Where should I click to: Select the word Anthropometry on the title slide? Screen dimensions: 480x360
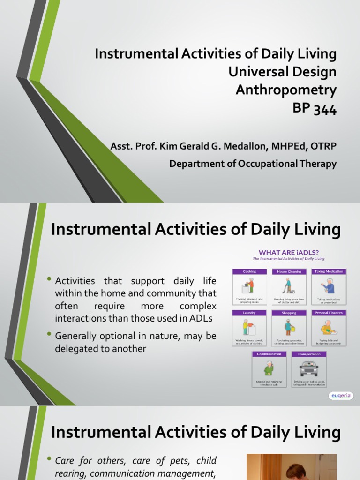pyautogui.click(x=286, y=90)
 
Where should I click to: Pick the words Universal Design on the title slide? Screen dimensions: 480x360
pyautogui.click(x=282, y=72)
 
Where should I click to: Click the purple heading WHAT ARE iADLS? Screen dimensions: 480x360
pyautogui.click(x=288, y=252)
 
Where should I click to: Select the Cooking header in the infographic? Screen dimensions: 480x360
pyautogui.click(x=249, y=271)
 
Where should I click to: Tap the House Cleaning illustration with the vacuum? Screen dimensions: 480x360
pyautogui.click(x=289, y=285)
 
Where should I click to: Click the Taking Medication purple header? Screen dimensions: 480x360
pyautogui.click(x=329, y=271)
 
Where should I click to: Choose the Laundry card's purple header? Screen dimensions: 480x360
pyautogui.click(x=249, y=313)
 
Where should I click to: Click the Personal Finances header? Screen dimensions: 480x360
pyautogui.click(x=329, y=313)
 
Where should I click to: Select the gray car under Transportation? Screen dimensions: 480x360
pyautogui.click(x=308, y=368)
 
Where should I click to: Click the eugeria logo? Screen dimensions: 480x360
pyautogui.click(x=340, y=396)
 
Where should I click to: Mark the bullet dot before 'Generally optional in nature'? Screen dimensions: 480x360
pyautogui.click(x=50, y=335)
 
